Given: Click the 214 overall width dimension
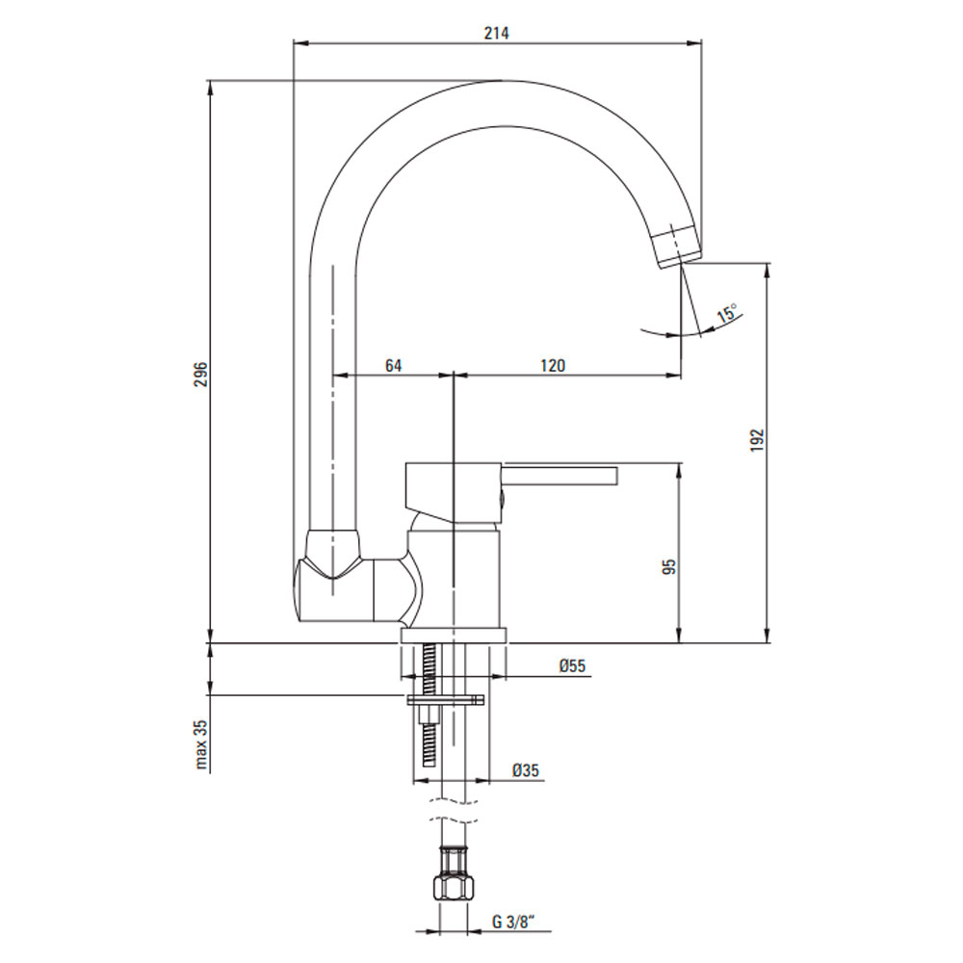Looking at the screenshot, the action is coord(496,33).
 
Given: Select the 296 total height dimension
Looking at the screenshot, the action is coord(201,374).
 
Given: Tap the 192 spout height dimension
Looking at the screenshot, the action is coord(757,440).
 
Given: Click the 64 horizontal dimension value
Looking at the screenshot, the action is coord(393,365).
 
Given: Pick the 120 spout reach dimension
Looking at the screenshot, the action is coord(552,365).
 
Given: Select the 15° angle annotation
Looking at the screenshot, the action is coord(727,313).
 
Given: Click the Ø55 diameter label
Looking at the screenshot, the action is coord(572,665).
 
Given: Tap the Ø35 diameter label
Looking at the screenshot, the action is coord(526,769).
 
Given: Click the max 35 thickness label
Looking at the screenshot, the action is coord(201,744).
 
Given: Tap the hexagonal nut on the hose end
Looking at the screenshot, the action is coord(454,888).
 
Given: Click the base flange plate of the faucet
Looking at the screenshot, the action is coord(454,636).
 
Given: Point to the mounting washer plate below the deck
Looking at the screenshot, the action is coord(446,699).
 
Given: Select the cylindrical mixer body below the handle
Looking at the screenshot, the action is coord(454,579).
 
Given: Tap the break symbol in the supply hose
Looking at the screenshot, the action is coord(454,811).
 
